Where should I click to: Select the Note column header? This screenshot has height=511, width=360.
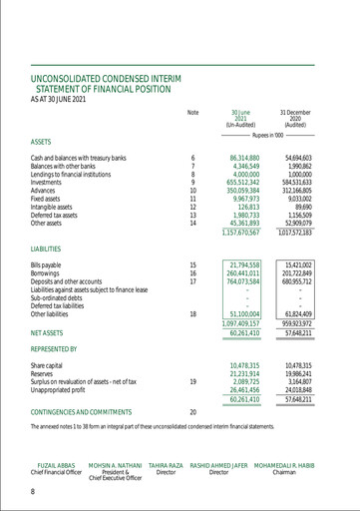pos(192,112)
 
